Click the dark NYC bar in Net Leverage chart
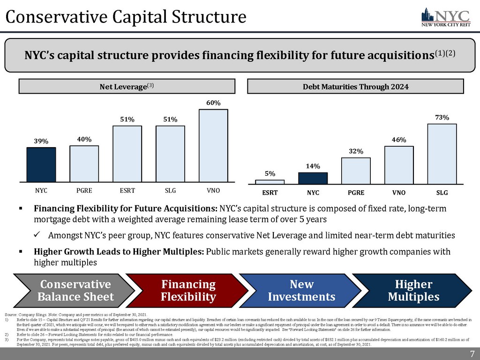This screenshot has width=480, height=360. (41, 165)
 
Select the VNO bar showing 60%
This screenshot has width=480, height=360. (213, 145)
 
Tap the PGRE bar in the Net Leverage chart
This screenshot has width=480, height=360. (84, 164)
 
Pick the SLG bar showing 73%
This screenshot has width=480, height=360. (442, 153)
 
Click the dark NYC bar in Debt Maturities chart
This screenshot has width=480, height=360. (313, 178)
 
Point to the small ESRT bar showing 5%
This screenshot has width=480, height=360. (270, 181)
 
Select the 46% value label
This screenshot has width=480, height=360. (399, 140)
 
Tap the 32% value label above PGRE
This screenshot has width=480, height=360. (356, 151)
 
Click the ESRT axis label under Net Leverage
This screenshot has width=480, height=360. (127, 191)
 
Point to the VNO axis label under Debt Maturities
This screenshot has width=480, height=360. (399, 193)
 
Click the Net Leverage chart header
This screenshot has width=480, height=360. (127, 86)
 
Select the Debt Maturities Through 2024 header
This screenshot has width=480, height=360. (355, 86)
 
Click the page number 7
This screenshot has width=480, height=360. (472, 353)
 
